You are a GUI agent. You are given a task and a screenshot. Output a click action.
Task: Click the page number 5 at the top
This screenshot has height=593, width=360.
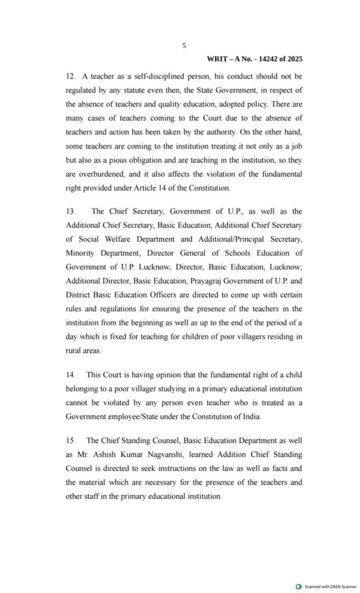coord(183,45)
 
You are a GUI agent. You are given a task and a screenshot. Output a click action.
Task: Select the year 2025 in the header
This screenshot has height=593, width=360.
coord(293,59)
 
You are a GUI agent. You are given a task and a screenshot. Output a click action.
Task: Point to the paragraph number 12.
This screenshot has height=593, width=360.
coord(69,76)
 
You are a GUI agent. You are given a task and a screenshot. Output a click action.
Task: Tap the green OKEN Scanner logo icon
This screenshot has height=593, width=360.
coord(299,587)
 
